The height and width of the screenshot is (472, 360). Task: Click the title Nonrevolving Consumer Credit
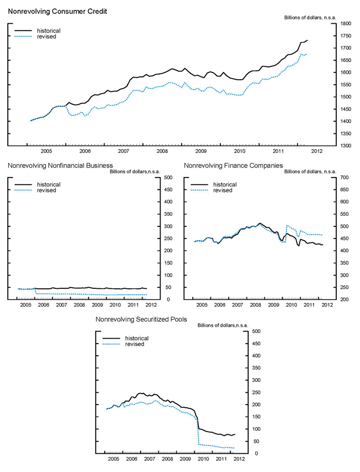tap(45, 11)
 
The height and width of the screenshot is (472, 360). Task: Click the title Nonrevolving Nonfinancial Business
tap(60, 165)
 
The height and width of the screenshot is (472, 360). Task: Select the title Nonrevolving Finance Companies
tap(233, 165)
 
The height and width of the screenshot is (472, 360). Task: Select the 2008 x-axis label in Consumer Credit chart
tap(162, 151)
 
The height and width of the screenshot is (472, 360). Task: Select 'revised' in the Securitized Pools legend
tap(134, 344)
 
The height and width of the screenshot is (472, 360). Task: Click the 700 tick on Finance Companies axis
tap(346, 178)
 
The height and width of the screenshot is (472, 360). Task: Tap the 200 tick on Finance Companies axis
tap(346, 300)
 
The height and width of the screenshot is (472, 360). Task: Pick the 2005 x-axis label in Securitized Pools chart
tap(113, 459)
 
